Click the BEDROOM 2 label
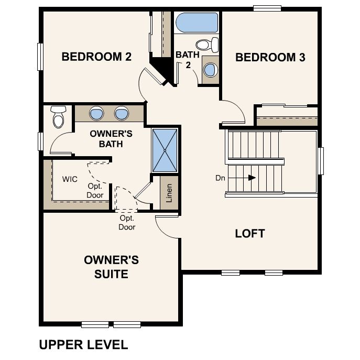96,57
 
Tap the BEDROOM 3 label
270,57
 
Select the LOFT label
250,233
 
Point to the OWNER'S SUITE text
112,267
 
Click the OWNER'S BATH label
111,138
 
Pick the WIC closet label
70,179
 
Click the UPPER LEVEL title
83,344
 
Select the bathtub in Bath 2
197,23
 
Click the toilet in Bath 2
206,44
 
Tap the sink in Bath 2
211,69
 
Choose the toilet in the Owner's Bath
58,116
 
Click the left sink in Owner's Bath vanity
97,113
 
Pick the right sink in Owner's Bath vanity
122,113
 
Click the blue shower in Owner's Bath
165,150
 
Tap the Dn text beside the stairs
220,178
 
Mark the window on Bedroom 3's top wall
268,7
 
